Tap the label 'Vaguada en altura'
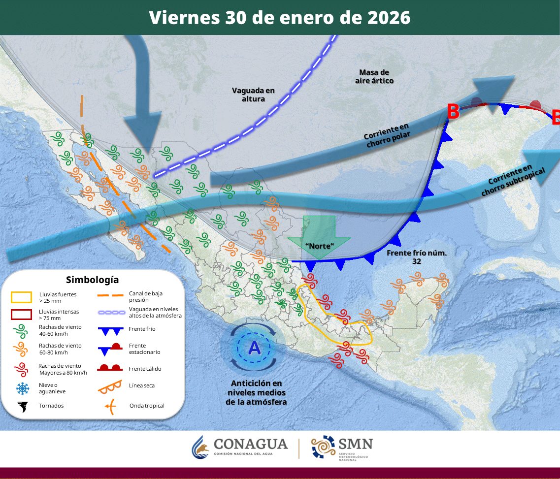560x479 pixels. point(253,95)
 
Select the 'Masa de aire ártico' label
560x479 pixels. point(374,76)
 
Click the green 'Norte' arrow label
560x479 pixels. point(319,245)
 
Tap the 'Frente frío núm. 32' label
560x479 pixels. point(413,257)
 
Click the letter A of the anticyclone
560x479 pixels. point(254,348)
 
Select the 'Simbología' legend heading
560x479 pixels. point(92,280)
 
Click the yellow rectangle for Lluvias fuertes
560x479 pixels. point(22,297)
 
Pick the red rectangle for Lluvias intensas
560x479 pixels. point(22,314)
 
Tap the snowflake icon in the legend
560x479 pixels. point(22,388)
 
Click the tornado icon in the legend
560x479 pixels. point(22,406)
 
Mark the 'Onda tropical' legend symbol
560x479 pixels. point(111,406)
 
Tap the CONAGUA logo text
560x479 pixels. point(250,444)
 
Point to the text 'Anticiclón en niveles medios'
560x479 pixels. point(256,388)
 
